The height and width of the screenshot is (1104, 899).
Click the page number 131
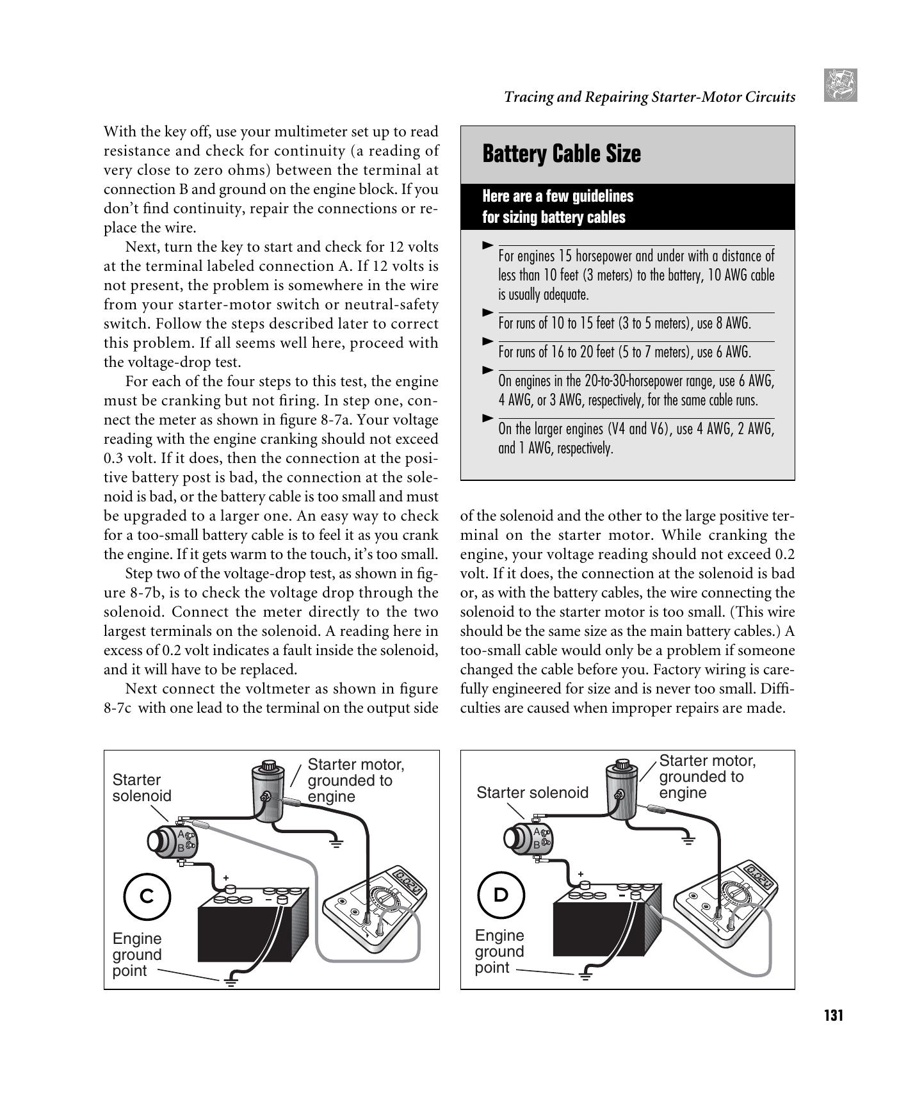[833, 1015]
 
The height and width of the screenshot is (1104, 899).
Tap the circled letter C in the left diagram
[147, 896]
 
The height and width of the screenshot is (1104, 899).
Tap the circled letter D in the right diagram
[501, 894]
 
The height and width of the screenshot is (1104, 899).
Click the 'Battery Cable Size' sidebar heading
[561, 154]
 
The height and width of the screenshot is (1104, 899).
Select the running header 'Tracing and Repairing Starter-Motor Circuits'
[649, 97]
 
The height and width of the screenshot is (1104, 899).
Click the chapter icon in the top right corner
[840, 86]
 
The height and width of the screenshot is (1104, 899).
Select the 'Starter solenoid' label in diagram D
[531, 793]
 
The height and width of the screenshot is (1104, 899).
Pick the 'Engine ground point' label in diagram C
[136, 955]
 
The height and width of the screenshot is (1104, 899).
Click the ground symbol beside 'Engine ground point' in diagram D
[585, 975]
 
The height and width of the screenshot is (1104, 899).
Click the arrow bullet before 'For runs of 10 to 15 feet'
[488, 312]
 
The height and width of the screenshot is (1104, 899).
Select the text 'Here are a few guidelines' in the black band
[557, 196]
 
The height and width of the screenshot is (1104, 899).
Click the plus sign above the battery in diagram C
[225, 878]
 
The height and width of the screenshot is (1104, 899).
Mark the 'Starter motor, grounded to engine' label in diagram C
[355, 781]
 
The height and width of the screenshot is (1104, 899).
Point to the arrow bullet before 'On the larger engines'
[488, 418]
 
